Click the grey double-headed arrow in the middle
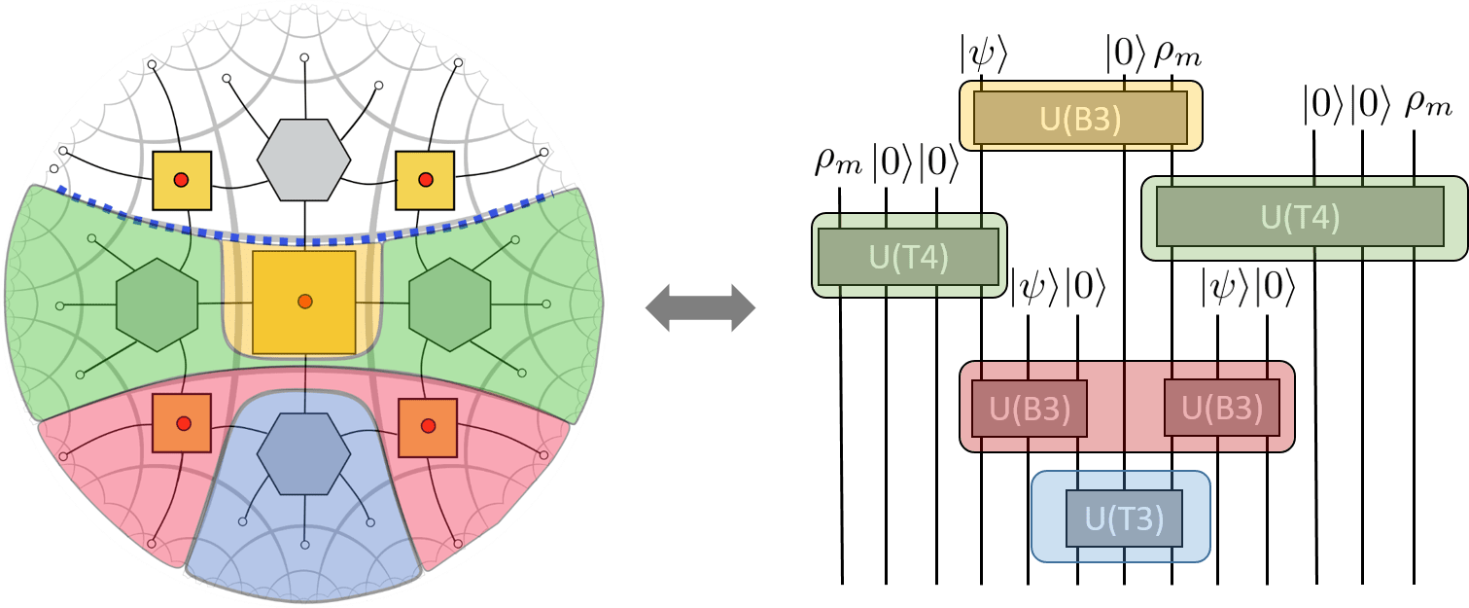(x=701, y=309)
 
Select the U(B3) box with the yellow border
(x=1080, y=117)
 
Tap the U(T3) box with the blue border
(x=1123, y=519)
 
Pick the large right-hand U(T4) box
(x=1300, y=217)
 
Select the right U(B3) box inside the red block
(x=1221, y=409)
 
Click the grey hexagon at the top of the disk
(x=303, y=161)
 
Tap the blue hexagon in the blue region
(x=303, y=452)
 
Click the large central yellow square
(x=303, y=303)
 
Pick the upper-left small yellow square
(x=181, y=181)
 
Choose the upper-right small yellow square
(x=425, y=180)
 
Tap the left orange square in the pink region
(x=182, y=423)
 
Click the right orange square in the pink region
(x=428, y=425)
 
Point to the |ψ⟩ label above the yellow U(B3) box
(x=982, y=56)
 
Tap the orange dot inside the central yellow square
(x=304, y=301)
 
